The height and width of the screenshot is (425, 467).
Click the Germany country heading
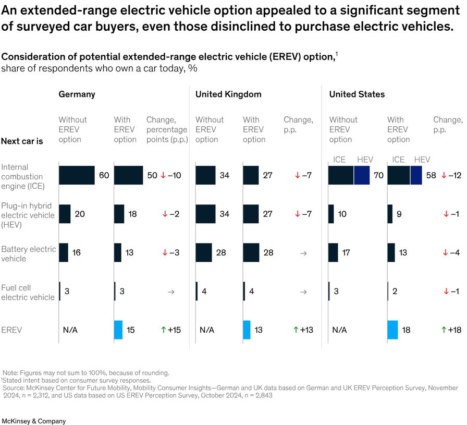point(77,94)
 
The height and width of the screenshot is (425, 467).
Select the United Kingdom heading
point(228,94)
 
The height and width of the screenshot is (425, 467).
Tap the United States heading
point(357,94)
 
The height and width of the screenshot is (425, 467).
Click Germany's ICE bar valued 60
point(77,176)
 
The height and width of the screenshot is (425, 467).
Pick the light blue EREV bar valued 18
point(392,330)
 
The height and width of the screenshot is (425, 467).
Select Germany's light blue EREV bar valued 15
point(118,330)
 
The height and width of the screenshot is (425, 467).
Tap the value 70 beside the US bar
point(378,176)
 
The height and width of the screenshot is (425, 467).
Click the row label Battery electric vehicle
point(28,254)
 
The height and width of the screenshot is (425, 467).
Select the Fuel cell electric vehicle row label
point(27,292)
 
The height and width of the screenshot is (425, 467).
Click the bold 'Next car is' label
point(22,141)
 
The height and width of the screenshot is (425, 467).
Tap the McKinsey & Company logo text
point(34,420)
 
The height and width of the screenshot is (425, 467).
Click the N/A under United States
point(339,330)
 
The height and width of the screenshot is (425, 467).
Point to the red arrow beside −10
point(163,176)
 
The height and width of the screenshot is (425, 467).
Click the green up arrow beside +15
point(164,330)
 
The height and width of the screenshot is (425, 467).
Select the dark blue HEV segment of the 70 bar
point(361,176)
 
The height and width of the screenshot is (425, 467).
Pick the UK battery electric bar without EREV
point(203,252)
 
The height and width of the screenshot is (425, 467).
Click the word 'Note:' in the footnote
point(11,373)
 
